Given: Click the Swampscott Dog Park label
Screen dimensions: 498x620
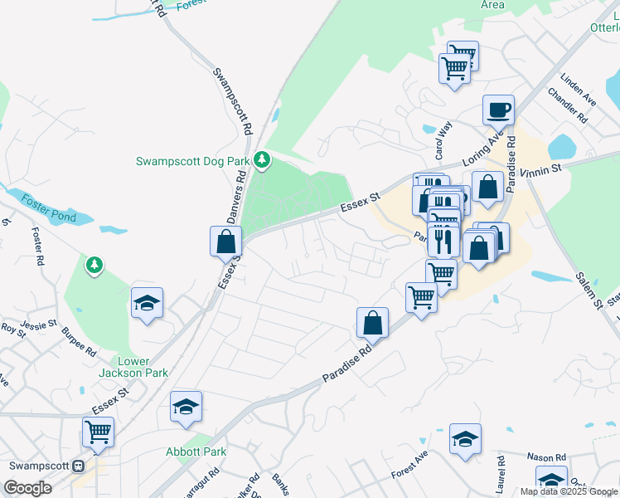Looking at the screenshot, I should pos(193,161).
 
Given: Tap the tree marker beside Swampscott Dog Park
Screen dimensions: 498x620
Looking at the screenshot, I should pos(263,158).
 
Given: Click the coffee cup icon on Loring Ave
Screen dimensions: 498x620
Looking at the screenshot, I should pos(499,110).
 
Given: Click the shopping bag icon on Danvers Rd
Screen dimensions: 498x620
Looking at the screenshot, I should pos(225,242).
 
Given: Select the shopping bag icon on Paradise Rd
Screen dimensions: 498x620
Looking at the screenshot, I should pos(373,324).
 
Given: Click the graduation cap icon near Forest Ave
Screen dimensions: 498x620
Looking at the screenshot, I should pos(465,439).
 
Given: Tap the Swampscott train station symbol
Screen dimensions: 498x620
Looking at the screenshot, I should pos(79,466).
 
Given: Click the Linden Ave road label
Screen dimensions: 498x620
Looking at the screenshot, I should pos(579,91).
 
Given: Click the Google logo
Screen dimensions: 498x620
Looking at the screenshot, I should pos(27,488).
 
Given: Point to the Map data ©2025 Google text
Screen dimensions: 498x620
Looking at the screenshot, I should pos(569,491).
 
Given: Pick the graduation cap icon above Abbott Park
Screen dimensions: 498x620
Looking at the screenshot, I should pos(186,407).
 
